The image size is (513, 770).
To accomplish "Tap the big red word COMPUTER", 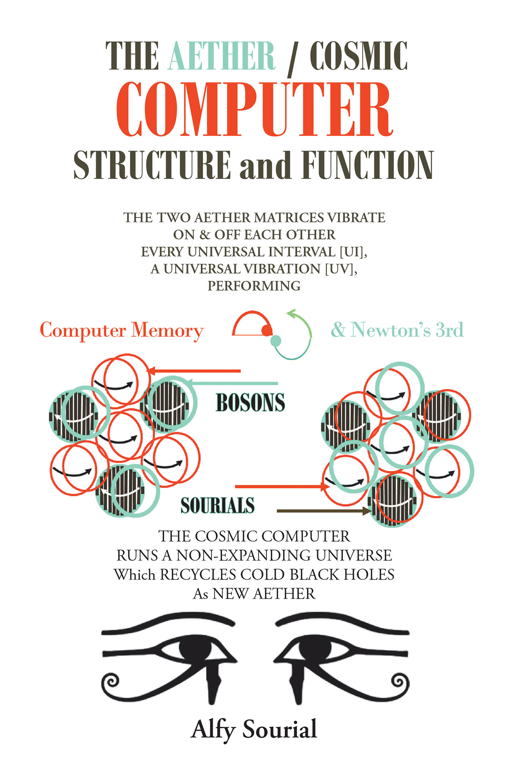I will [254, 110].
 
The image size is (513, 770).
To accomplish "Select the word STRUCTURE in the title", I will [152, 165].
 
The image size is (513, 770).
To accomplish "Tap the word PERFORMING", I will [254, 286].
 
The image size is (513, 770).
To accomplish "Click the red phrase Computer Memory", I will [122, 330].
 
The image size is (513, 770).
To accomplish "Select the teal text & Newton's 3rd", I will [397, 330].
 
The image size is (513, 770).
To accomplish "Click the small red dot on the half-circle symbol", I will [267, 331].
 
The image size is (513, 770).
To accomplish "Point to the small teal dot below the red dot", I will [276, 341].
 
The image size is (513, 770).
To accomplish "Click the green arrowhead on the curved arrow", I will [291, 313].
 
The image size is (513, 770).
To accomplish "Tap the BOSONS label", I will [250, 403].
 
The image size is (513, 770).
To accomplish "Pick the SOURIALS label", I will [218, 505].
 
